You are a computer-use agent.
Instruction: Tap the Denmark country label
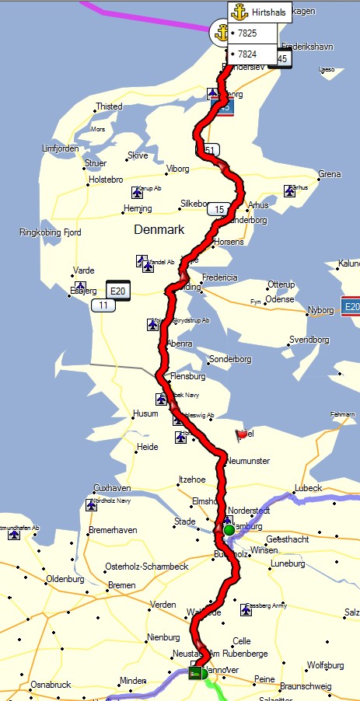(159, 230)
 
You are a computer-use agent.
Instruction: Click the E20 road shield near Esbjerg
(118, 291)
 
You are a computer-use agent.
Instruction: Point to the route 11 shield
(101, 305)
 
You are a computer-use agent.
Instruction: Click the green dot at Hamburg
(229, 530)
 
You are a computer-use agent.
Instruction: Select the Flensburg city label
(188, 376)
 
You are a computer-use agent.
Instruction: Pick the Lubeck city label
(308, 488)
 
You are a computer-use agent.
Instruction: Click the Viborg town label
(178, 168)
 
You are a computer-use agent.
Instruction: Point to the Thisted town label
(109, 106)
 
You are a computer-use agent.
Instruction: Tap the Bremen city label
(122, 585)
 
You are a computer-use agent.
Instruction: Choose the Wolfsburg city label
(325, 665)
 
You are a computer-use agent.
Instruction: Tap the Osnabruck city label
(51, 684)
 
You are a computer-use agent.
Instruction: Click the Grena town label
(330, 174)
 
